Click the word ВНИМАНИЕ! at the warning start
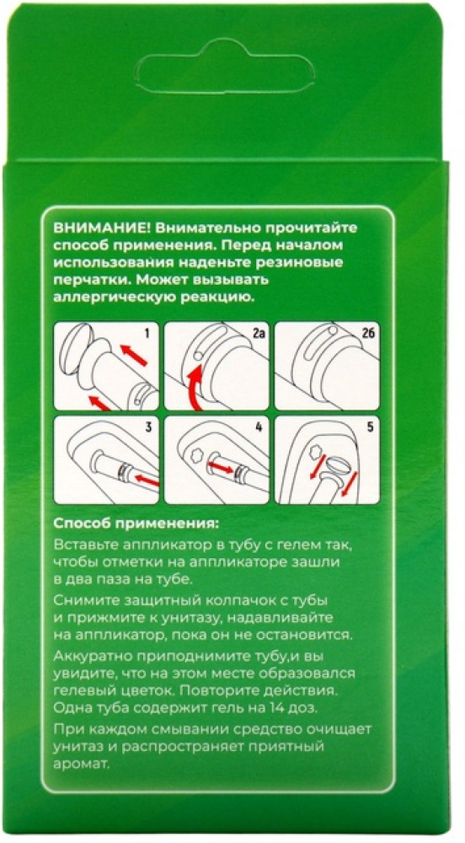[100, 228]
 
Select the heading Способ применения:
[137, 524]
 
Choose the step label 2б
[368, 334]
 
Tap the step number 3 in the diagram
[147, 428]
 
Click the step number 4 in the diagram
[259, 428]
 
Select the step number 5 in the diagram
[370, 428]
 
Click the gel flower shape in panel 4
[195, 456]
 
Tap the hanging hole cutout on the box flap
[224, 67]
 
